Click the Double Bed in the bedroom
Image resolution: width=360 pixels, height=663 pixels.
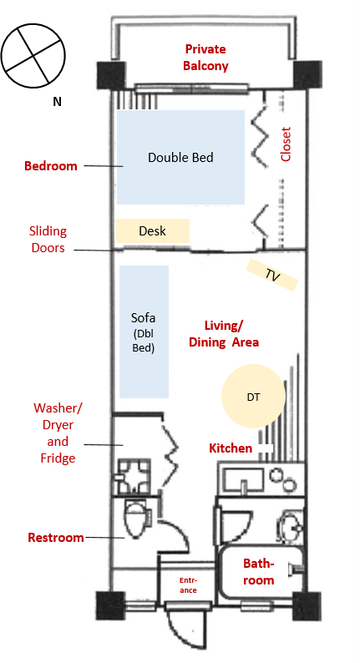tap(180, 157)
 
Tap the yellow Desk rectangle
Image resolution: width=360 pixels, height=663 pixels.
tap(153, 230)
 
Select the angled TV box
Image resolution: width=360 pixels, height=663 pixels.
tap(272, 275)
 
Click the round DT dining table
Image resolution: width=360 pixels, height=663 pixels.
tap(253, 396)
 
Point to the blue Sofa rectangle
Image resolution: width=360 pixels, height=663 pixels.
tap(144, 332)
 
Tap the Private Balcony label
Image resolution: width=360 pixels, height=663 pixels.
tap(205, 58)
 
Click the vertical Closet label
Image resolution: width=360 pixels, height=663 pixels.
tap(286, 144)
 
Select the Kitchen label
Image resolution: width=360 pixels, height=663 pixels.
tap(231, 448)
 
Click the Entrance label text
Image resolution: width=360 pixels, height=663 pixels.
tap(188, 585)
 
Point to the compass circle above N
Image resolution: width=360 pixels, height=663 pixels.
tap(33, 56)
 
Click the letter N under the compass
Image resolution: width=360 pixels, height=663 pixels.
tap(57, 102)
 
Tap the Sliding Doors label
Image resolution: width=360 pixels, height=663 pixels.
tap(48, 240)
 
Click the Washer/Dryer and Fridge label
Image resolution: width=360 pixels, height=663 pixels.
tap(58, 433)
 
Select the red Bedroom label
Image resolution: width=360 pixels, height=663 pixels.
tap(51, 165)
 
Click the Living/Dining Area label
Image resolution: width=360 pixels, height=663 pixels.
tap(224, 334)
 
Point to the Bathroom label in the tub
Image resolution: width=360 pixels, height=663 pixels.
tap(258, 572)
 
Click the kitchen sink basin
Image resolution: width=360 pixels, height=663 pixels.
tap(242, 478)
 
